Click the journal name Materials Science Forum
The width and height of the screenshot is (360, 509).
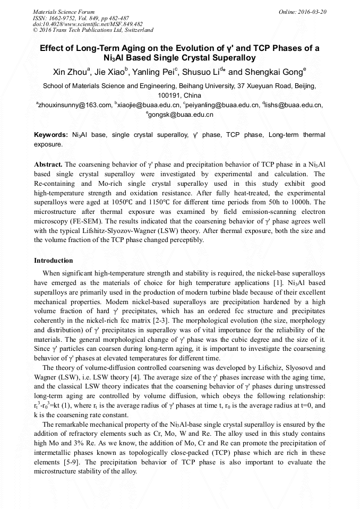coord(64,11)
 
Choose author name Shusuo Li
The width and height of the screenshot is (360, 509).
coord(205,72)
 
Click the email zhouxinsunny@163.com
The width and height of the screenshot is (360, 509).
coord(74,105)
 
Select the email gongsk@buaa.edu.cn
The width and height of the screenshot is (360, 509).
coord(181,114)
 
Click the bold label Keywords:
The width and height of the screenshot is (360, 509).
coord(51,135)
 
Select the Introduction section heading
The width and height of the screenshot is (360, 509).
coord(54,261)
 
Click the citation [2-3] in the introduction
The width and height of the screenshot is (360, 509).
coord(200,321)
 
